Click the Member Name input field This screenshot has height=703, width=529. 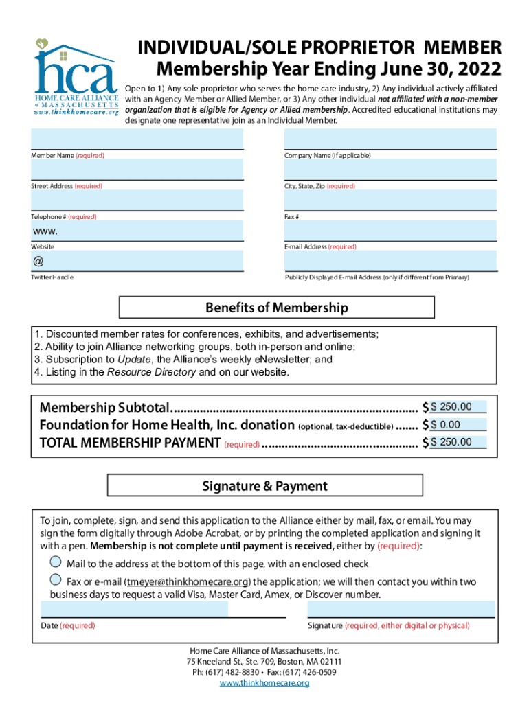[x=137, y=139]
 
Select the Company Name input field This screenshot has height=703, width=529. [x=390, y=139]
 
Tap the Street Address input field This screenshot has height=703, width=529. [x=137, y=170]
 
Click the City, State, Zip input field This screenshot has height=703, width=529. [x=390, y=170]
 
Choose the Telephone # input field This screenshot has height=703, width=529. [x=137, y=200]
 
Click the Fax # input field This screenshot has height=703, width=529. [x=390, y=200]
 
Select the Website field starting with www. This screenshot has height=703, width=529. [x=137, y=231]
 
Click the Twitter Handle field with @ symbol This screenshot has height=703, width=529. [x=137, y=261]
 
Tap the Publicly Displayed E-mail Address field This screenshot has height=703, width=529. [x=390, y=261]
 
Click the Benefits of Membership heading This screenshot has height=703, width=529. [x=277, y=308]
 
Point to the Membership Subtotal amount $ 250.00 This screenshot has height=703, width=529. [x=458, y=407]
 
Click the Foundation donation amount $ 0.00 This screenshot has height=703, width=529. [x=458, y=425]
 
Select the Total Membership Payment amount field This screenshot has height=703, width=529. [x=458, y=442]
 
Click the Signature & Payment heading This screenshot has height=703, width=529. [x=264, y=487]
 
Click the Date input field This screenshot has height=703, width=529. [x=135, y=609]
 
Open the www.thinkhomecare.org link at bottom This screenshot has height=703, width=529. [x=264, y=683]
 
